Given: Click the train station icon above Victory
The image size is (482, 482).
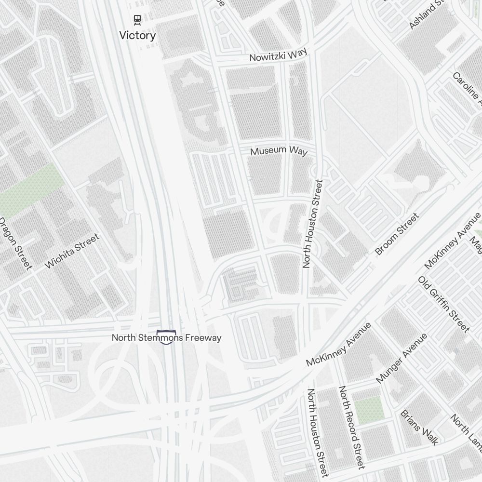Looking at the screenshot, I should [x=137, y=20].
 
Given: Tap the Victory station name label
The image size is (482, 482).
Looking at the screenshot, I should [x=137, y=35].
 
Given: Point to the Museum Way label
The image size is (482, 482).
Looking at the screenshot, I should [x=279, y=151].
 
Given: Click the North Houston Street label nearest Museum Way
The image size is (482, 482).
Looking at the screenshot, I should [x=312, y=224].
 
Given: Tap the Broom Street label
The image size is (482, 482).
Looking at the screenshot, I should [x=397, y=234].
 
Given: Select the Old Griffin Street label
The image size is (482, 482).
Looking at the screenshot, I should [x=443, y=304].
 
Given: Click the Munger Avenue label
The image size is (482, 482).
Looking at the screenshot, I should [x=402, y=358].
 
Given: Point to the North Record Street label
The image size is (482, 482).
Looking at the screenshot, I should [x=351, y=427].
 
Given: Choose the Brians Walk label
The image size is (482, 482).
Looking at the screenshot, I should [x=419, y=427].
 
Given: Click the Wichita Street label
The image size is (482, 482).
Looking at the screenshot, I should [x=72, y=251].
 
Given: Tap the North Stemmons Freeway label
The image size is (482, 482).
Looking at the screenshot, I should [x=167, y=337].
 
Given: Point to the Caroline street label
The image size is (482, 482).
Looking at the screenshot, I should [x=467, y=89].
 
